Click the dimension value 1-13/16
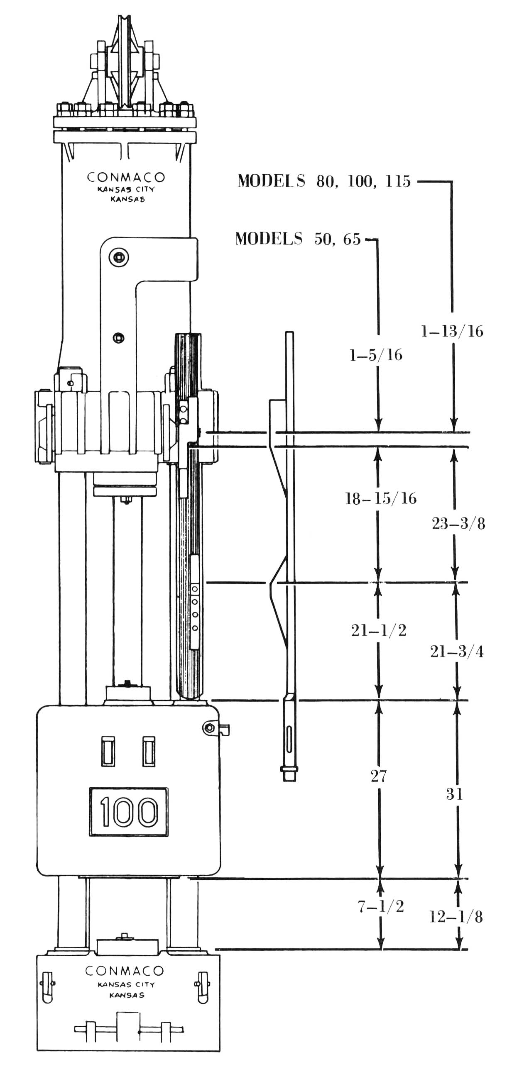pos(452,331)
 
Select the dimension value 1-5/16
pos(376,355)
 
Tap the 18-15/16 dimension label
pos(380,498)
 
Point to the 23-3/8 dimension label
pos(458,524)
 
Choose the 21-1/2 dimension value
pos(379,630)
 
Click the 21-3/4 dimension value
pos(457,652)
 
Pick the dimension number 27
pos(378,776)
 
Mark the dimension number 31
pos(454,794)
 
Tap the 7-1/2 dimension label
pos(380,906)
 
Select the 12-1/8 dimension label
pos(456,917)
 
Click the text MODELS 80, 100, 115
pos(324,181)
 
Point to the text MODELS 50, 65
pos(298,239)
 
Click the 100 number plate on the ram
pos(129,812)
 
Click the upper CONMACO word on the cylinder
pos(126,177)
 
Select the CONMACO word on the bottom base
pos(125,971)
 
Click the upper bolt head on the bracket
pos(119,257)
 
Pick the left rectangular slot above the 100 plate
pos(108,752)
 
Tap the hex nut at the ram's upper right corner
pos(208,728)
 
